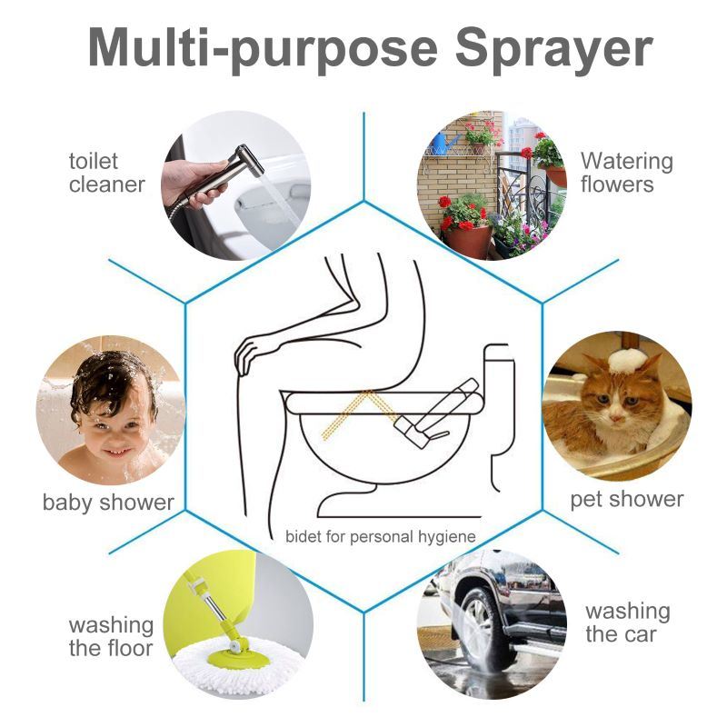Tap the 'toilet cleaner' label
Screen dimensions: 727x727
pyautogui.click(x=106, y=173)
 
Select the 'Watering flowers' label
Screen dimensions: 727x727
pyautogui.click(x=627, y=173)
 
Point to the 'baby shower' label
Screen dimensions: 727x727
pyautogui.click(x=108, y=502)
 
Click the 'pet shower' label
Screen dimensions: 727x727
pyautogui.click(x=627, y=499)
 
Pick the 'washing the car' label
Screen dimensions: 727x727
pyautogui.click(x=627, y=622)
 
